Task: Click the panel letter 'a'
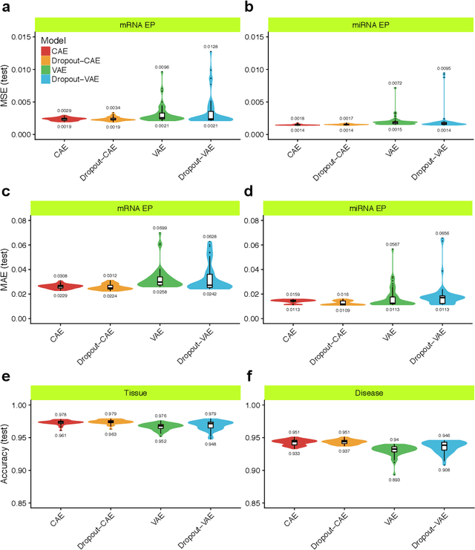click(6, 7)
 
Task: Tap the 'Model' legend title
click(56, 40)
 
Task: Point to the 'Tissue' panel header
click(138, 392)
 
